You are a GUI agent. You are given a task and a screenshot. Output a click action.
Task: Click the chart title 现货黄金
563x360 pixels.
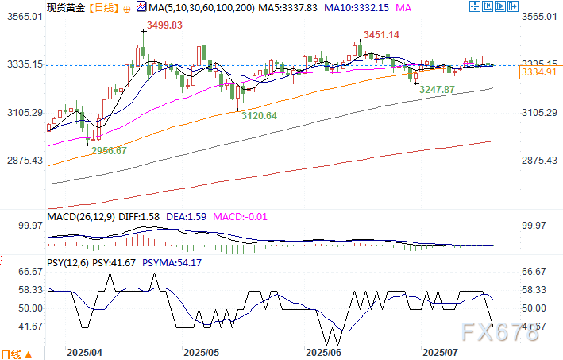[x=64, y=7]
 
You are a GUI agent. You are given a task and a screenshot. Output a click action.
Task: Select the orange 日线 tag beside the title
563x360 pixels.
[x=102, y=7]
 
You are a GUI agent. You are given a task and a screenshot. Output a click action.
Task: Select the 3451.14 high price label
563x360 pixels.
[x=383, y=35]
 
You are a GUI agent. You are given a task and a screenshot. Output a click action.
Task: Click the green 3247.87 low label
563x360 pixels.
[x=438, y=90]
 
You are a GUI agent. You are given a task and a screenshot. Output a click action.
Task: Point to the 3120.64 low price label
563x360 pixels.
[x=260, y=115]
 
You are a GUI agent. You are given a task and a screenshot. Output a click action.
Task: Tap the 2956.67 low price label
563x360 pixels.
[x=110, y=150]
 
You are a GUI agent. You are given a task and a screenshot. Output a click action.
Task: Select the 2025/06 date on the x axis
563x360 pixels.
[x=322, y=350]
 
